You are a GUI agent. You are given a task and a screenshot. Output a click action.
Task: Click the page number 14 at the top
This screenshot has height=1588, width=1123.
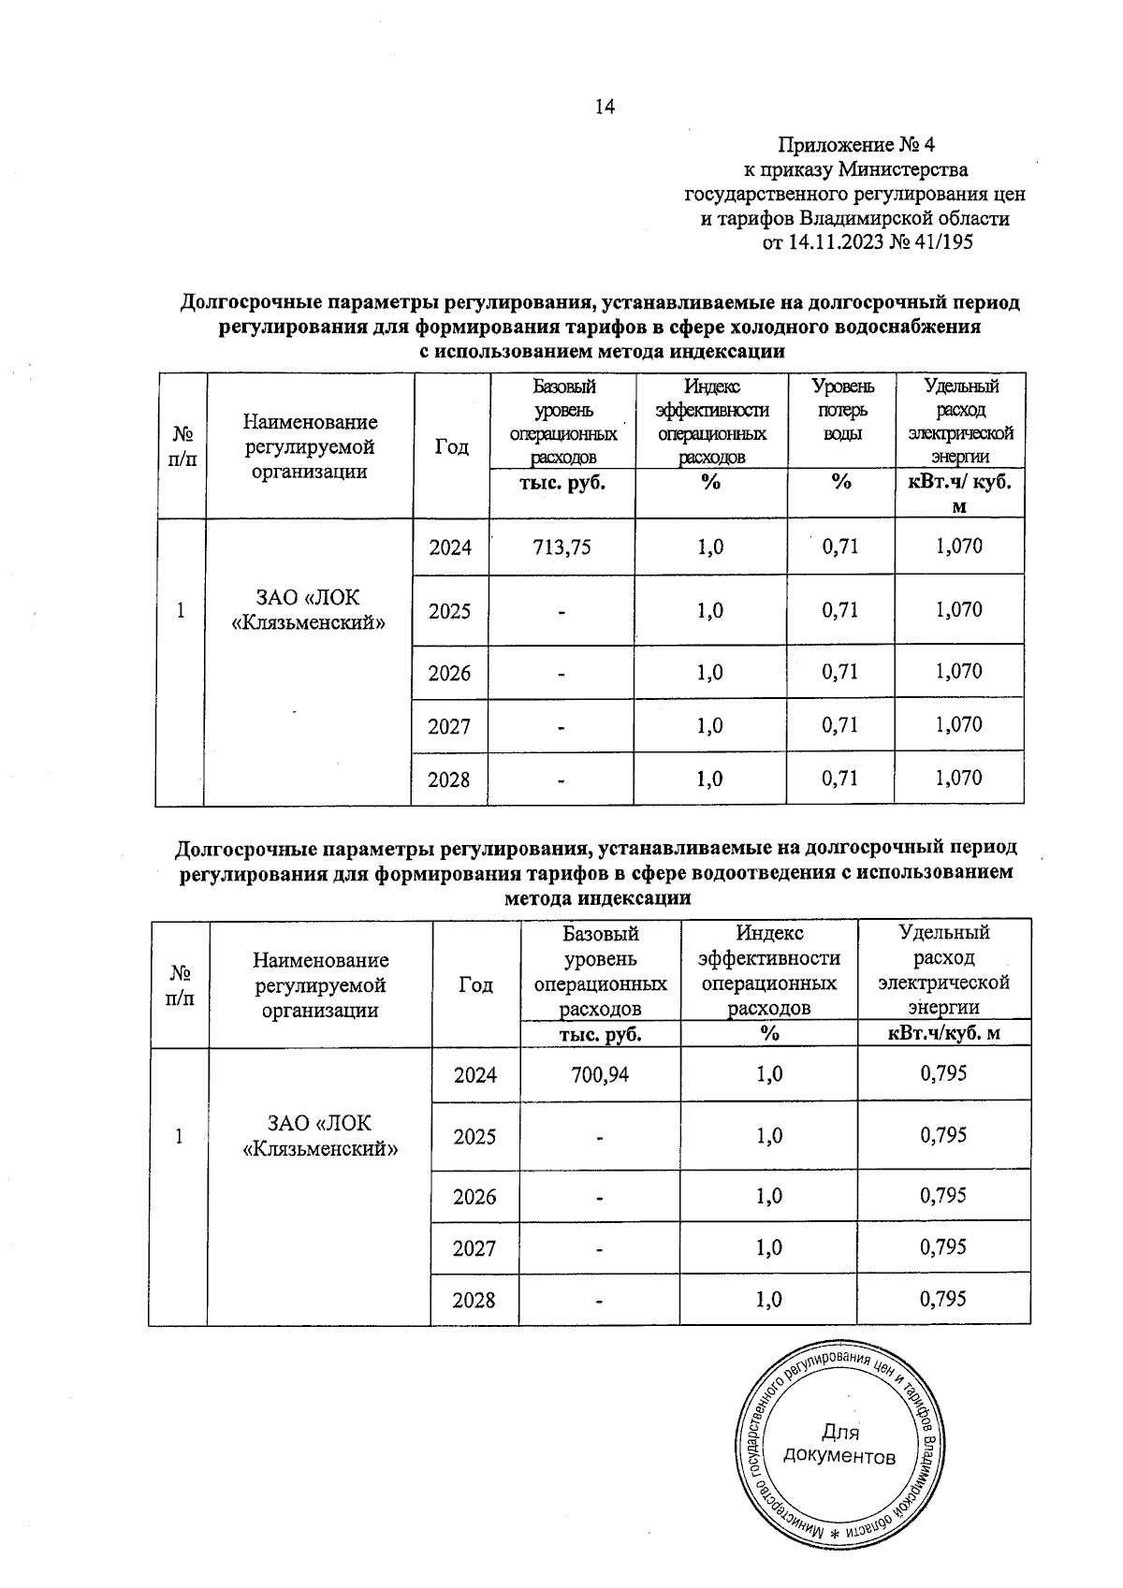(x=605, y=107)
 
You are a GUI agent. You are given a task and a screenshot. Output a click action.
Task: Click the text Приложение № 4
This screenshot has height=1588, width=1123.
(x=856, y=145)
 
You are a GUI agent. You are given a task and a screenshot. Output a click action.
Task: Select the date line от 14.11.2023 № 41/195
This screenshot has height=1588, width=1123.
(x=868, y=243)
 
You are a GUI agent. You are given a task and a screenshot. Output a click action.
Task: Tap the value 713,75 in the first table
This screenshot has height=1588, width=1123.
(x=561, y=547)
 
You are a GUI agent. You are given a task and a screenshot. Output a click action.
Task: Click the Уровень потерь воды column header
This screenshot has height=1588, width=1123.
(x=841, y=411)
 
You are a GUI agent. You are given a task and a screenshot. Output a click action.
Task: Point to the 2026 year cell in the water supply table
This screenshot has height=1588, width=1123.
(x=449, y=673)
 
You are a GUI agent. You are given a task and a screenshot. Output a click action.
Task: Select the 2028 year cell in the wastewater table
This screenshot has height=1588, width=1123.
(x=474, y=1301)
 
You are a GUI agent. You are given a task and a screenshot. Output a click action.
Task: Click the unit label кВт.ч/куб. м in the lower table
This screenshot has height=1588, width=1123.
(x=943, y=1034)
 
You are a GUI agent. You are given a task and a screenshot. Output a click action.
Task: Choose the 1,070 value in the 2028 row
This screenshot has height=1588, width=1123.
(x=959, y=778)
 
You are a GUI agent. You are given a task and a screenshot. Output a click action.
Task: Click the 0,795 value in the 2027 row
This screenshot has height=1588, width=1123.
(x=943, y=1247)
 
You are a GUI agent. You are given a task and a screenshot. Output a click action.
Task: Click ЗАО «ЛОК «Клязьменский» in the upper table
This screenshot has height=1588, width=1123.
(x=308, y=609)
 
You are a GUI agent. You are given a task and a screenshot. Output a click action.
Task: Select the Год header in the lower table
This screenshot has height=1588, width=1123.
(x=475, y=984)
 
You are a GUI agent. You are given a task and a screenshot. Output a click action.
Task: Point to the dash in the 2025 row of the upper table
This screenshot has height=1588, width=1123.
(x=561, y=612)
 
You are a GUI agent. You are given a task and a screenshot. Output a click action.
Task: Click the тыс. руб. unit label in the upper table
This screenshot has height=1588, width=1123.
(x=561, y=483)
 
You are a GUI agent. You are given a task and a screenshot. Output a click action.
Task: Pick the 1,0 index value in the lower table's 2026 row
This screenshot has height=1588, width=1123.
(x=768, y=1197)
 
